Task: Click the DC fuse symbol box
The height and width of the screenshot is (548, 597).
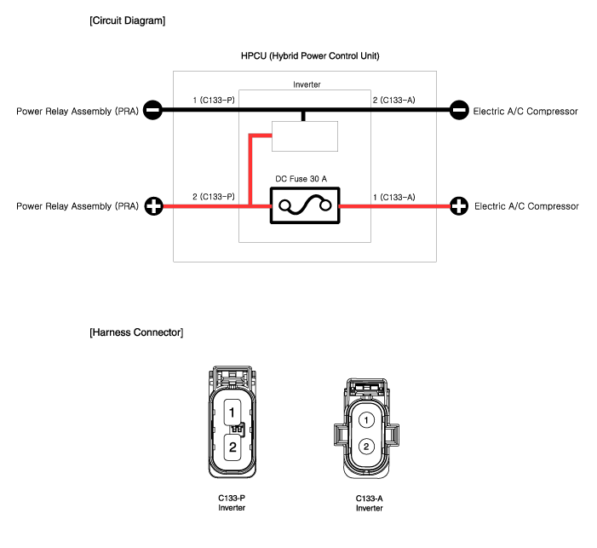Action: tap(305, 205)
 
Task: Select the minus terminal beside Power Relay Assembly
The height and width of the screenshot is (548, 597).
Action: tap(152, 110)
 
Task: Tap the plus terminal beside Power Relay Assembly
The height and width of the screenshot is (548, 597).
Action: tap(154, 206)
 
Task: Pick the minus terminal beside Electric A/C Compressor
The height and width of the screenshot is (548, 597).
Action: tap(459, 110)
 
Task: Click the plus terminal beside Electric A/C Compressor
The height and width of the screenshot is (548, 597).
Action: tap(459, 206)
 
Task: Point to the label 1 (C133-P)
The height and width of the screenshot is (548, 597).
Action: tap(214, 101)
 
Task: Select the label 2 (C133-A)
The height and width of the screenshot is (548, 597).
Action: tap(393, 101)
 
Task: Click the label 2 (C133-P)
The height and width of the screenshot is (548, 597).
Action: tap(214, 197)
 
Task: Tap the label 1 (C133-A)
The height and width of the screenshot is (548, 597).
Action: tap(394, 197)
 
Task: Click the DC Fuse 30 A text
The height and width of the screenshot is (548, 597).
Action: tap(301, 179)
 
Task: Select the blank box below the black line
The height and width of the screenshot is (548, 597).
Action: tap(305, 136)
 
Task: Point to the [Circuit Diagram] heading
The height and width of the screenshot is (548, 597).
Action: tap(128, 20)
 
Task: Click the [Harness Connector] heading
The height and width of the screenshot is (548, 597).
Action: tap(136, 332)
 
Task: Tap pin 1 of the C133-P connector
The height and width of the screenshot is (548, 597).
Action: tap(232, 412)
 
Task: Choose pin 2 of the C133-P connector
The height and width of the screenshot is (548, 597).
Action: tap(232, 447)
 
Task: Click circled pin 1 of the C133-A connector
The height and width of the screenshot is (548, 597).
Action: tap(366, 420)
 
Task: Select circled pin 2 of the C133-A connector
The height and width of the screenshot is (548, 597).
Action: tap(366, 447)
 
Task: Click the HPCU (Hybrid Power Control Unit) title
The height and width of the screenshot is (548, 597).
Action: tap(310, 56)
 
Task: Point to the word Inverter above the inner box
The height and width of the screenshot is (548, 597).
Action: tap(307, 84)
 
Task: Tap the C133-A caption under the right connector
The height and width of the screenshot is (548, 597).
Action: tap(369, 499)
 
